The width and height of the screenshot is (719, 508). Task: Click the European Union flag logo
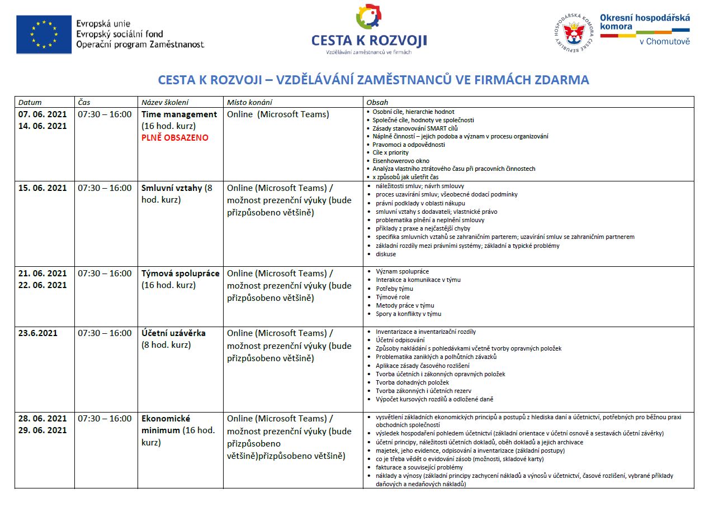pos(44,34)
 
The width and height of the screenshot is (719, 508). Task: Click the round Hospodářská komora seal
pos(573,34)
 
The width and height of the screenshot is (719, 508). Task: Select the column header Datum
pos(30,102)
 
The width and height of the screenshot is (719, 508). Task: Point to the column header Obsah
pos(377,102)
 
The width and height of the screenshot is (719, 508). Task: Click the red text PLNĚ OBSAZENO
pos(174,138)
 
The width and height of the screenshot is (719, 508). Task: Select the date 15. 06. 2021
pos(42,188)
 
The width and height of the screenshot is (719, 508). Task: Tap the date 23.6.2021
pos(38,333)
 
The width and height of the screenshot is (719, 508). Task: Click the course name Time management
pos(179,114)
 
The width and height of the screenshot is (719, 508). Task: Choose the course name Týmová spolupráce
pos(180,274)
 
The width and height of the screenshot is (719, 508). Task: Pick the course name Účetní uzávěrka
pos(173,333)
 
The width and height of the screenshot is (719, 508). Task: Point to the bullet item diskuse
pos(386,254)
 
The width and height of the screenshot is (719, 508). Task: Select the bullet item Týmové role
pos(392,297)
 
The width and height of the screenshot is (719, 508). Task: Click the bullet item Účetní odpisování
pos(400,340)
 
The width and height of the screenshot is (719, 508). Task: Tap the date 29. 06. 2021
pos(42,430)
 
